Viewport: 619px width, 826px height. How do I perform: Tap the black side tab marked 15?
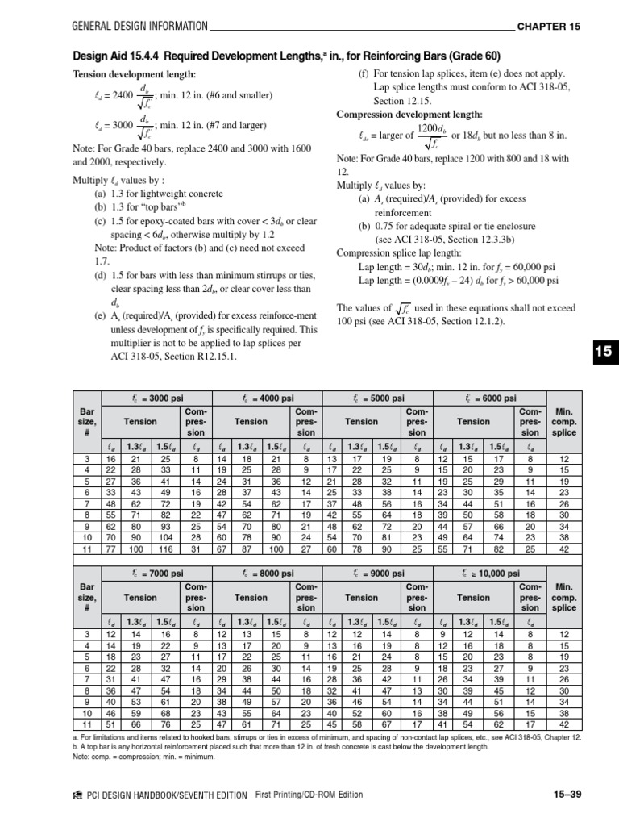tap(604, 351)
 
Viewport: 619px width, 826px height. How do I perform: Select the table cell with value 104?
tap(166, 536)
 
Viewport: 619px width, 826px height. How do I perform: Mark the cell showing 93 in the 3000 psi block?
tap(166, 524)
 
